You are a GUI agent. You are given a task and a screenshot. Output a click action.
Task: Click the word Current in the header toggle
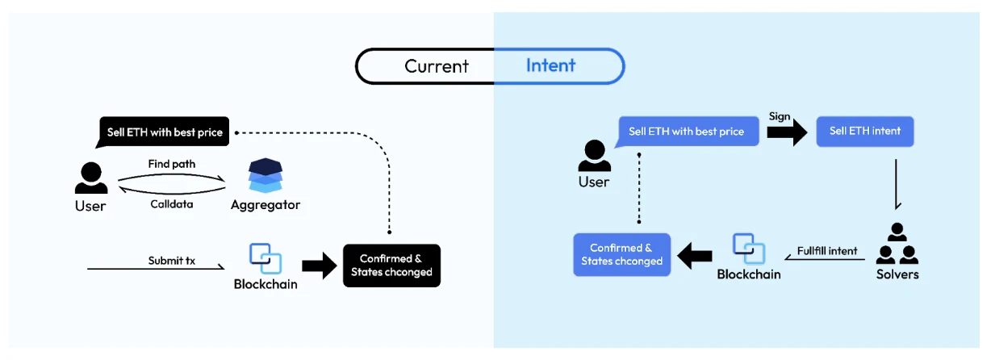click(x=437, y=66)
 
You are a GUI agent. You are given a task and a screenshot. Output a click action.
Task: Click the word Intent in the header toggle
click(x=550, y=65)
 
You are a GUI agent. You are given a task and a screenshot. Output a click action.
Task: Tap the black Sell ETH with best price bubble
click(x=165, y=132)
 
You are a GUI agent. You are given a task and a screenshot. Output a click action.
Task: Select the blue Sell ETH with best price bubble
click(x=686, y=131)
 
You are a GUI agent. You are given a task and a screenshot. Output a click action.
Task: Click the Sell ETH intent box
click(x=864, y=131)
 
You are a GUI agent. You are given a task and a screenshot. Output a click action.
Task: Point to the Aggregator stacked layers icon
click(x=265, y=176)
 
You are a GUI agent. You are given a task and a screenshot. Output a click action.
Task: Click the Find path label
click(x=171, y=164)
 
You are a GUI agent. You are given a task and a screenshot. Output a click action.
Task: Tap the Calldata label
click(x=171, y=203)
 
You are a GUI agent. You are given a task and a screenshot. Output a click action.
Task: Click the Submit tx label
click(x=171, y=261)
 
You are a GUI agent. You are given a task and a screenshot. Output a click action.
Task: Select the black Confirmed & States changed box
click(x=391, y=266)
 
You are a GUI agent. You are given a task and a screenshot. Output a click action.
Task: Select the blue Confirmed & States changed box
click(x=621, y=254)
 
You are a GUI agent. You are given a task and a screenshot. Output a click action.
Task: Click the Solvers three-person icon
click(x=897, y=245)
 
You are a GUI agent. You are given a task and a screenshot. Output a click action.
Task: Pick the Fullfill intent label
click(x=827, y=251)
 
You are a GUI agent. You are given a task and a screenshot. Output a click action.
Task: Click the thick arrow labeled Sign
click(x=786, y=132)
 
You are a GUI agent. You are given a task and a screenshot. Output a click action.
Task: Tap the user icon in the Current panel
click(x=90, y=178)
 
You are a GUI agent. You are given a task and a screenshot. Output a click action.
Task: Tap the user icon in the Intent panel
click(x=594, y=156)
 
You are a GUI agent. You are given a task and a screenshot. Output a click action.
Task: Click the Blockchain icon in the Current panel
click(x=265, y=258)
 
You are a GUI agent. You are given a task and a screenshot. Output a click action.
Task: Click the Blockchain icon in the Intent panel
click(x=748, y=249)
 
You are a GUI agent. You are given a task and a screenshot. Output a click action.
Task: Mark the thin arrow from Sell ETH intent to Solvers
click(x=897, y=184)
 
